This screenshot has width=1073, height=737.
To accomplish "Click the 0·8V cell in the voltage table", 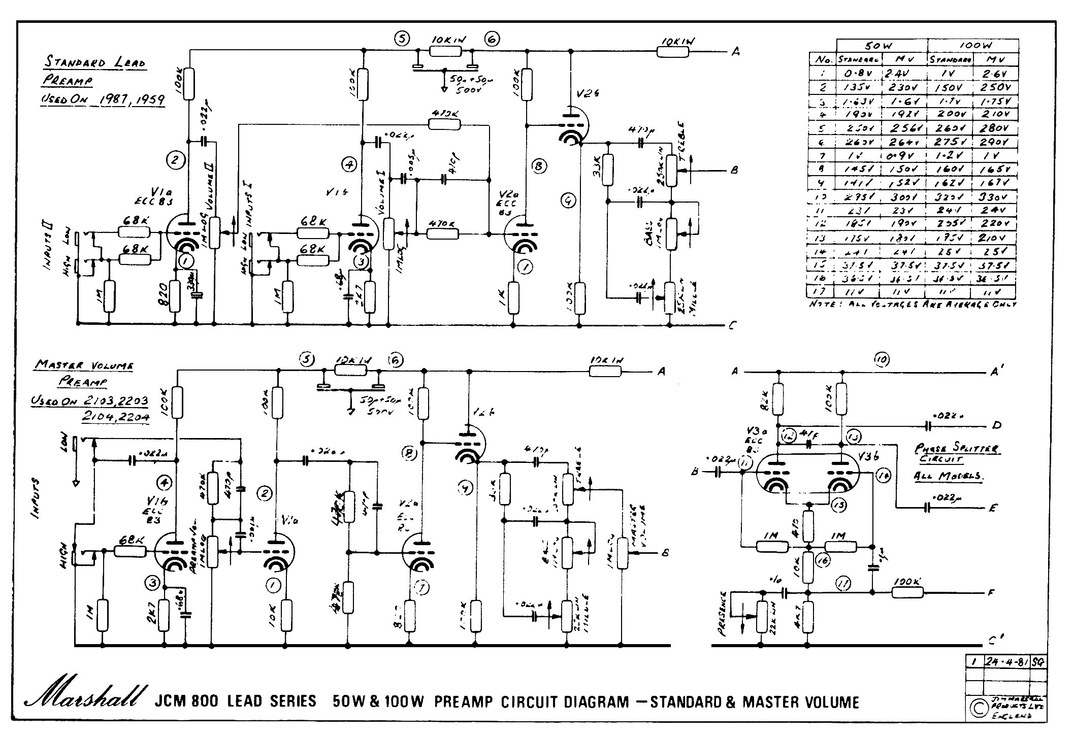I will (856, 73).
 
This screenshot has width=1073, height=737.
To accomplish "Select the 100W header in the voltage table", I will (973, 45).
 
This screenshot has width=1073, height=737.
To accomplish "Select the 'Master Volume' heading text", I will (84, 365).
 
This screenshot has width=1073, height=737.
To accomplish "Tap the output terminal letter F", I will (991, 592).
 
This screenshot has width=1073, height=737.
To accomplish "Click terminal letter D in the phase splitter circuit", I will (996, 425).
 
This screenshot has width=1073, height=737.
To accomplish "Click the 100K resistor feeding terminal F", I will (907, 591).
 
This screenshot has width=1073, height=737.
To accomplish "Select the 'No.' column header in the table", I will (823, 59).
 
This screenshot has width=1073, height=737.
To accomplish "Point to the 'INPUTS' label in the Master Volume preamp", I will (36, 497).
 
